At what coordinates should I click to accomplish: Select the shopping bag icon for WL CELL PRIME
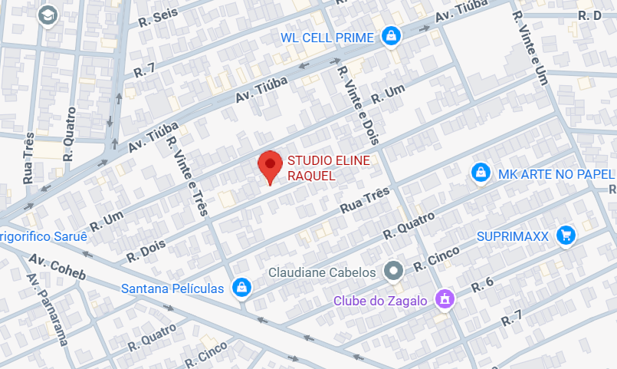point(392,36)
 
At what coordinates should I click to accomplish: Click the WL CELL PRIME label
point(327,37)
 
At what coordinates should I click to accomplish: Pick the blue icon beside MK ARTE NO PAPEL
point(481,173)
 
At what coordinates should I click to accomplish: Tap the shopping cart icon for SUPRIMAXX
point(566,235)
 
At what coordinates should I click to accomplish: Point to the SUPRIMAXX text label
point(513,236)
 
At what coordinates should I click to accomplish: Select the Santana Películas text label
point(172,288)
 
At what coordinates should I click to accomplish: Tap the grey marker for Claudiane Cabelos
point(394,271)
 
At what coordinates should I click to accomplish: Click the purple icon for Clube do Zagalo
point(443,299)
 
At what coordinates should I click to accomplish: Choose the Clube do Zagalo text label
point(380,301)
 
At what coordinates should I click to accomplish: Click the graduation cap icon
point(49,15)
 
